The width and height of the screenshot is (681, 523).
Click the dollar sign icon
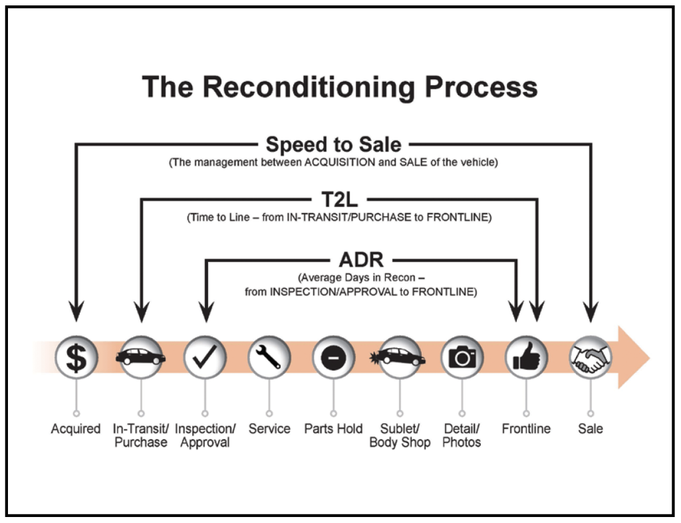[x=76, y=357]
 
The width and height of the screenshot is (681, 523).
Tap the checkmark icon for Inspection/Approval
[x=205, y=357]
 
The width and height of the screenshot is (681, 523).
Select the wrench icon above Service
[x=269, y=357]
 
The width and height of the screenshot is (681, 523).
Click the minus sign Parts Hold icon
[x=333, y=357]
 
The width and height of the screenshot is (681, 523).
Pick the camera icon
[x=462, y=357]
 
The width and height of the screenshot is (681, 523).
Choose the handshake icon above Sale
[x=590, y=357]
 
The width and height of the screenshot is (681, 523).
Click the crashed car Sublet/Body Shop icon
[x=399, y=357]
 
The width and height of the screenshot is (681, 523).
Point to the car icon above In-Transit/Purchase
[x=141, y=357]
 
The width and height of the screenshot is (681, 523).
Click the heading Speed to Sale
[x=333, y=144]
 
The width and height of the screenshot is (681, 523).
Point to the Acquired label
[x=76, y=429]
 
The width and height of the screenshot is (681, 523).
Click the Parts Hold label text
[x=333, y=429]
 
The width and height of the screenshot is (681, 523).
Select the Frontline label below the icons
[x=526, y=429]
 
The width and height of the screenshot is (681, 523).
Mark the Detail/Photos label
[x=462, y=435]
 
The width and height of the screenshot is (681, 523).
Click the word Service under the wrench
[x=269, y=429]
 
